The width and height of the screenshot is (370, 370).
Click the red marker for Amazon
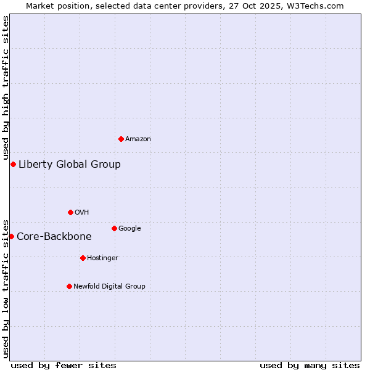(x=121, y=139)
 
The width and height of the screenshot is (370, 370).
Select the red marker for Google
(x=114, y=228)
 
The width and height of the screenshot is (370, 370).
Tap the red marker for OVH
(x=70, y=212)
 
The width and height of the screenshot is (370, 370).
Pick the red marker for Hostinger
(x=83, y=258)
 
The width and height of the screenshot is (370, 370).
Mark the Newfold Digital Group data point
(x=69, y=286)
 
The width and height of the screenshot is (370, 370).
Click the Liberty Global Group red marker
(x=13, y=164)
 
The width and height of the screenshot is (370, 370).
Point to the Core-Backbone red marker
(x=11, y=236)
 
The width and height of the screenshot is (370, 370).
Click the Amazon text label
(x=138, y=139)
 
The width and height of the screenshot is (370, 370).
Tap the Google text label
(x=129, y=229)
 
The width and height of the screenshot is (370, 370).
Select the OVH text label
(x=82, y=213)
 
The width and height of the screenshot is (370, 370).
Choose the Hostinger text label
(x=102, y=258)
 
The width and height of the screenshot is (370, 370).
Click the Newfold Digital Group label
(x=109, y=287)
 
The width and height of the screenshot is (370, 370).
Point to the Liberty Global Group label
(x=70, y=165)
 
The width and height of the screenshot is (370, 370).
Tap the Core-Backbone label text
(x=54, y=237)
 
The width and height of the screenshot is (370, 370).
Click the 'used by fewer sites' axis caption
(x=64, y=365)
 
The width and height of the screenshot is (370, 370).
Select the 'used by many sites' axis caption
(x=310, y=365)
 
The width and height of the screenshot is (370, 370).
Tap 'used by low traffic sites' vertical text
(x=6, y=288)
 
